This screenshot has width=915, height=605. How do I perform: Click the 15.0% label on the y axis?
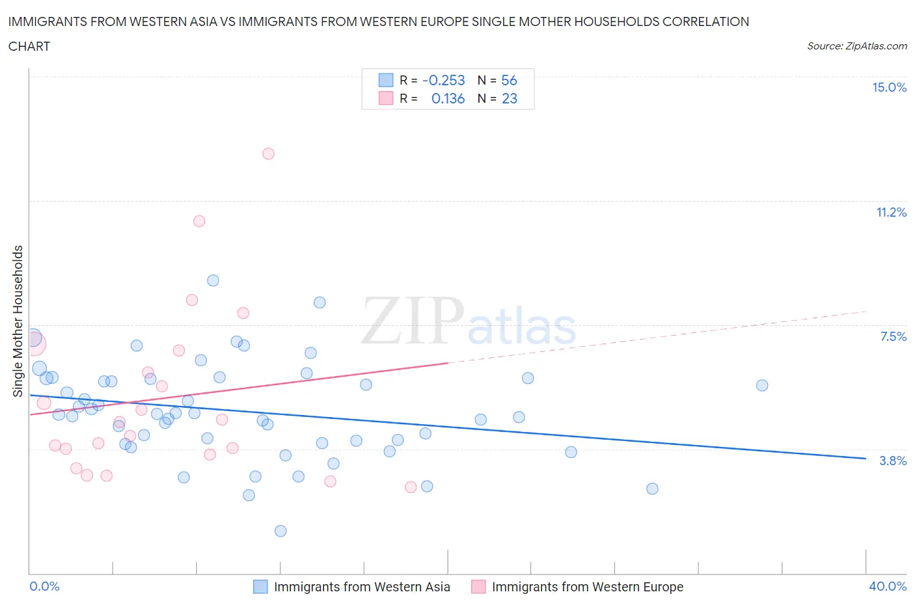(889, 88)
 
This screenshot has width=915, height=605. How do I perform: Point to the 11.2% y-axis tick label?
(891, 213)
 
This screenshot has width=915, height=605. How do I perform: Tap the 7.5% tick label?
(893, 337)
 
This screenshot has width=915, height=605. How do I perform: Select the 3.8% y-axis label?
(893, 461)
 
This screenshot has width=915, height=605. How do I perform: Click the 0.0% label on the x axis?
(45, 587)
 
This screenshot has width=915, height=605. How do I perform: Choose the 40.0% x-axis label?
(888, 587)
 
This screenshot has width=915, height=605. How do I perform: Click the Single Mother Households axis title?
(18, 321)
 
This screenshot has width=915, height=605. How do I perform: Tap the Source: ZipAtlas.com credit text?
(856, 46)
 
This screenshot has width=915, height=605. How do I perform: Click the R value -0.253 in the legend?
(444, 81)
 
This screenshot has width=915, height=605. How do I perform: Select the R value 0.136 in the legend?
(448, 99)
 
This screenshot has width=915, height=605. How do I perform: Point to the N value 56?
(509, 81)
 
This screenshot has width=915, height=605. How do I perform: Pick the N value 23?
(509, 99)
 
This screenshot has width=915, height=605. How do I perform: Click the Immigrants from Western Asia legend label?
(362, 587)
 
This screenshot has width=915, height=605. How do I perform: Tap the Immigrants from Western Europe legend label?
(587, 587)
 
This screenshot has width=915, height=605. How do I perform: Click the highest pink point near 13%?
(268, 154)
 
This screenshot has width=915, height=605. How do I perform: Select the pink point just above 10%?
(199, 221)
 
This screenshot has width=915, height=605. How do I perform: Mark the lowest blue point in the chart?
(280, 531)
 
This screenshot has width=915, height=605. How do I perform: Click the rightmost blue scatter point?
(762, 386)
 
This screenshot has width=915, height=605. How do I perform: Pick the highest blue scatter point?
(213, 281)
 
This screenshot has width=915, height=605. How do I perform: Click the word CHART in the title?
(29, 46)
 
